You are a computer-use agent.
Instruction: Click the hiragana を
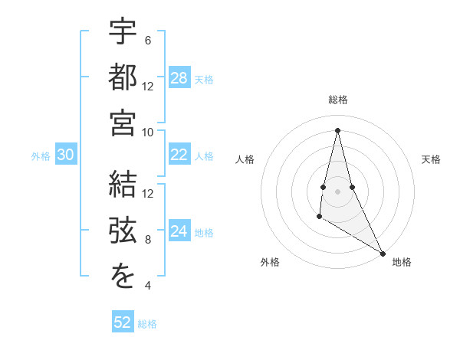[x=123, y=277]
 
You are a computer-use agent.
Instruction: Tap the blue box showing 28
[x=179, y=78]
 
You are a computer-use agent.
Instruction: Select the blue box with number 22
[x=179, y=155]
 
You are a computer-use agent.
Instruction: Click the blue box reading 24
[x=179, y=232]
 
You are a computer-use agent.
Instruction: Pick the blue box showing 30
[x=65, y=155]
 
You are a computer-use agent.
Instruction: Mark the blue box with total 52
[x=123, y=322]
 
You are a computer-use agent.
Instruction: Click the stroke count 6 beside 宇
[x=147, y=41]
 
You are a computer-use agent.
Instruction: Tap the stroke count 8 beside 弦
[x=147, y=240]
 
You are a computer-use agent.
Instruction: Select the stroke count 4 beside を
[x=147, y=286]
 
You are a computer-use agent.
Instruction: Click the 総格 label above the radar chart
[x=337, y=100]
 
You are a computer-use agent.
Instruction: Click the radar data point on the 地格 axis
[x=383, y=254]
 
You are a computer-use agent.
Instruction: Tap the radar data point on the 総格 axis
[x=337, y=129]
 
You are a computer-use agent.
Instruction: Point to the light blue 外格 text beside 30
[x=41, y=156]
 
